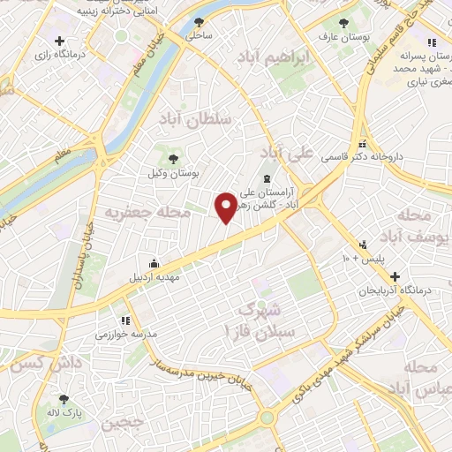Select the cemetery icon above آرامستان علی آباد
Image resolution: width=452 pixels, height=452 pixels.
pyautogui.click(x=268, y=179)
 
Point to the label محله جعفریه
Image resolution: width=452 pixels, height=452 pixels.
pyautogui.click(x=135, y=213)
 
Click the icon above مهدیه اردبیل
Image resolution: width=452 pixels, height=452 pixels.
pyautogui.click(x=154, y=262)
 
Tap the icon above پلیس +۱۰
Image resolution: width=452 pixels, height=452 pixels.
pyautogui.click(x=362, y=245)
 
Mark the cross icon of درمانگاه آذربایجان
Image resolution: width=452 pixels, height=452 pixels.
pyautogui.click(x=395, y=276)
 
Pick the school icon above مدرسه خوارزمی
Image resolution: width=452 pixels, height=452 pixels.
pyautogui.click(x=125, y=320)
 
